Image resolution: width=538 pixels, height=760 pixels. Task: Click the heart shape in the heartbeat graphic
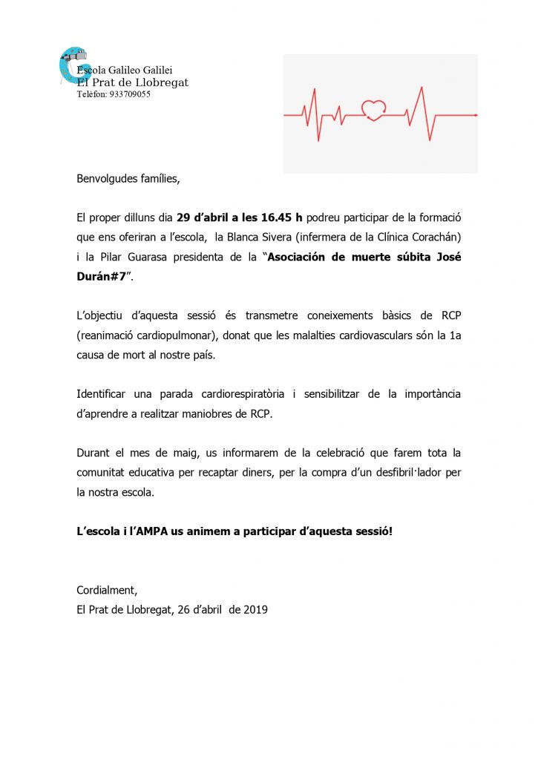[374, 110]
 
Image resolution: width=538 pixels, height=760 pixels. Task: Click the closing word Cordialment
[107, 591]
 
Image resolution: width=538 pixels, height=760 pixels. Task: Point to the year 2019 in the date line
[255, 610]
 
